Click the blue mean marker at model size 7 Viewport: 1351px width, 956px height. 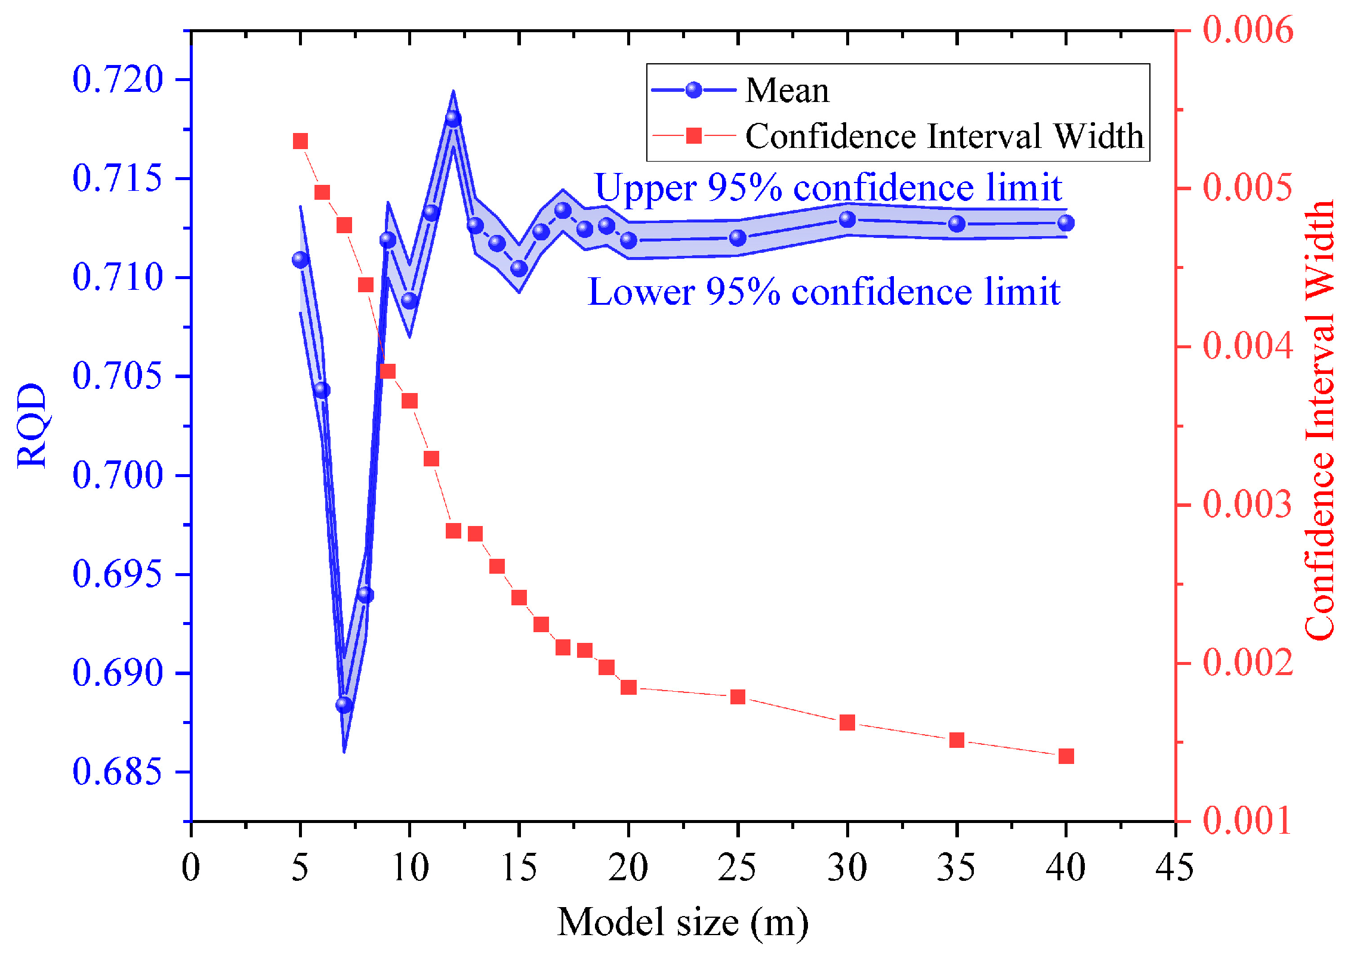(x=344, y=705)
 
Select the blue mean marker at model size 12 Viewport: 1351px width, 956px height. (x=453, y=119)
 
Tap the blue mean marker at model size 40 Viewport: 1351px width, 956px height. (x=1066, y=223)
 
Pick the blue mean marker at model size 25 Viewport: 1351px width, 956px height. (x=738, y=238)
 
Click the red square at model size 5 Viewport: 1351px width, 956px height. (x=300, y=141)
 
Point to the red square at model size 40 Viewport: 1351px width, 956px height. (x=1066, y=756)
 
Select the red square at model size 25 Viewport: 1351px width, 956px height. (x=738, y=697)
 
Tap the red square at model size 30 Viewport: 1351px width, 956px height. (x=847, y=723)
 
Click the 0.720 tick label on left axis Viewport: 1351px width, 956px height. (x=117, y=79)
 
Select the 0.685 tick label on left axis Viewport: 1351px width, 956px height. (x=117, y=771)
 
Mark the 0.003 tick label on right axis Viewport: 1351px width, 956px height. (x=1247, y=504)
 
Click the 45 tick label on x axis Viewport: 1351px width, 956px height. (x=1174, y=867)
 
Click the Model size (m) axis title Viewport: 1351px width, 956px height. (x=683, y=923)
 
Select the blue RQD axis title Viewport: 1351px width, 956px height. (x=31, y=426)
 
